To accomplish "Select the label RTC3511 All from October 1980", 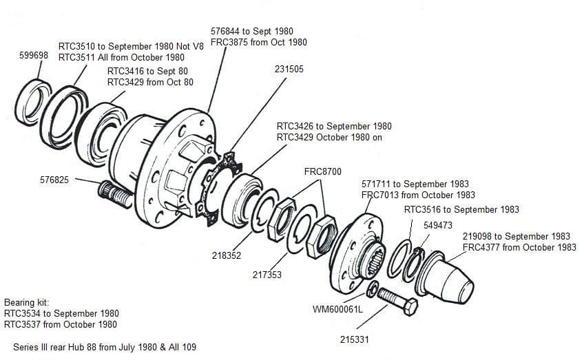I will tap(121, 58).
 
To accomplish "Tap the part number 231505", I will tap(289, 70).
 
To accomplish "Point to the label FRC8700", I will tap(322, 171).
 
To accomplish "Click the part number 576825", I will tap(54, 180).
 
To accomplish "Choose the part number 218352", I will tap(227, 255).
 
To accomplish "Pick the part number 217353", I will tap(267, 275).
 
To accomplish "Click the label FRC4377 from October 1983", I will tap(519, 247).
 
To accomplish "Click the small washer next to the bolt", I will tap(373, 289).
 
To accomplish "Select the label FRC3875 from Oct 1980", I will tap(258, 43).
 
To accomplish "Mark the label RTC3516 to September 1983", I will tap(461, 209).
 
